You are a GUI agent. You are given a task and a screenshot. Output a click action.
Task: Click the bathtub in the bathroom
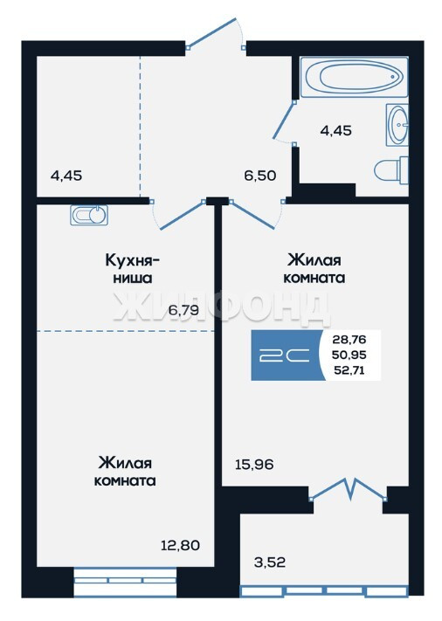click(354, 77)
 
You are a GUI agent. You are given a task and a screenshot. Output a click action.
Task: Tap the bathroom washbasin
click(397, 125)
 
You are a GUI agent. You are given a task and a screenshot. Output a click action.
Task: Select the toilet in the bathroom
click(391, 170)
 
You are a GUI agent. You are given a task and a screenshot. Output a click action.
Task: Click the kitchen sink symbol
click(89, 215)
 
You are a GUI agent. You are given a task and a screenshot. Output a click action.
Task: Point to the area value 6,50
click(259, 175)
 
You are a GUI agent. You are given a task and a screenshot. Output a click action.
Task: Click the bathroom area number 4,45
click(335, 130)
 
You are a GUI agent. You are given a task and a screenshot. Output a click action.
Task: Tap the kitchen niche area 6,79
click(183, 310)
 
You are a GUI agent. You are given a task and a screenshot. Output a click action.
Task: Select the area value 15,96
click(254, 464)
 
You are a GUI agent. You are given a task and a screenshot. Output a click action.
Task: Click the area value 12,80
click(180, 545)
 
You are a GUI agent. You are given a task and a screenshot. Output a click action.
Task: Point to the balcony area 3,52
click(270, 562)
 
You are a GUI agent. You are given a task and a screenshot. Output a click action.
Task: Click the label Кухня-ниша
click(133, 269)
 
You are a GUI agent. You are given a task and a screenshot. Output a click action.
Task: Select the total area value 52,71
click(349, 371)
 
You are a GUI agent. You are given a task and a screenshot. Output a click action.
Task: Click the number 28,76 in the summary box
click(349, 340)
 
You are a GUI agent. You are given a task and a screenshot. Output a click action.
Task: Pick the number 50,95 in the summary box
click(349, 355)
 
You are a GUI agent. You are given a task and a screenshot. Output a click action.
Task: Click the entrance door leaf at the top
click(211, 32)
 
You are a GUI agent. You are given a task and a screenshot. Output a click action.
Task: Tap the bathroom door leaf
click(283, 121)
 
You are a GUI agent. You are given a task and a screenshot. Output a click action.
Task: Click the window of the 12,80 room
click(125, 583)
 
